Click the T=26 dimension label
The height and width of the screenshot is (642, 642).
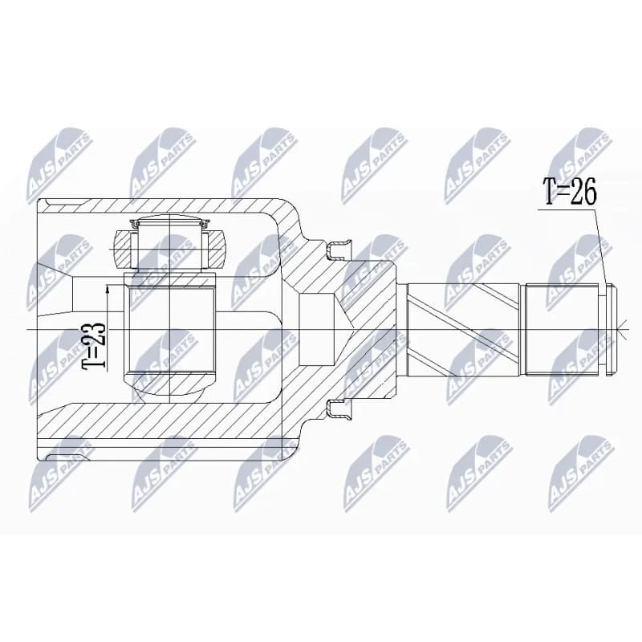[x=570, y=191]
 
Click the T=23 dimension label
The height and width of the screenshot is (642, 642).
[x=93, y=345]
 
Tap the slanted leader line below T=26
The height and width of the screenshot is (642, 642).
[x=601, y=247]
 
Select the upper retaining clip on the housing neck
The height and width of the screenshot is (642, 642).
[x=339, y=250]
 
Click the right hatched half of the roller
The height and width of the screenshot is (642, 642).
[x=215, y=250]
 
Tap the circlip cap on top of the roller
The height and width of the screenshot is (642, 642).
[x=169, y=223]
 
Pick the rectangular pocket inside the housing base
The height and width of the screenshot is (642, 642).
[x=317, y=329]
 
